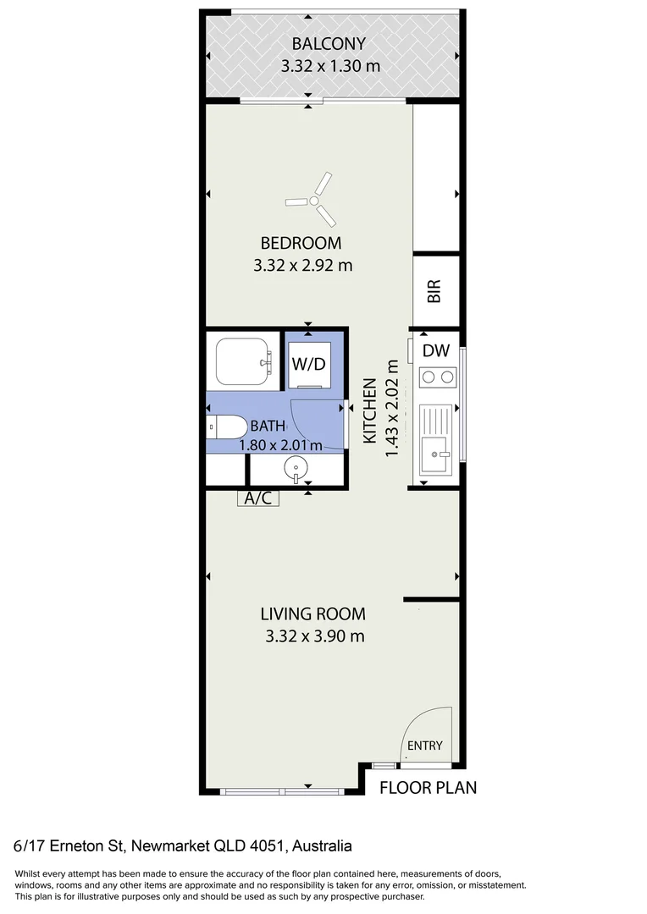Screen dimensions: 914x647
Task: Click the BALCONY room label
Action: [329, 44]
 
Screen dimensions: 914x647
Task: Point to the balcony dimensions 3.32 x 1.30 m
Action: [329, 65]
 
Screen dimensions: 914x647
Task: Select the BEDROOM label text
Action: [302, 244]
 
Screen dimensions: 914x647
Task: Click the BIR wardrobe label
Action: [434, 292]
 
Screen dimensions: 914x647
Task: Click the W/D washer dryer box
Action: [309, 365]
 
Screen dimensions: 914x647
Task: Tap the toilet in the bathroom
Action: [226, 427]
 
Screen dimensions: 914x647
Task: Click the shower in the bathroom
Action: [243, 361]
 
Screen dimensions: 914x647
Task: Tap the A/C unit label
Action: [257, 498]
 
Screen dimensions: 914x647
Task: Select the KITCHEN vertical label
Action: [370, 410]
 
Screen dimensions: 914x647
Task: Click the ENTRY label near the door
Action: [425, 746]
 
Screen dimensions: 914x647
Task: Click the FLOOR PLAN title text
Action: [428, 788]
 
